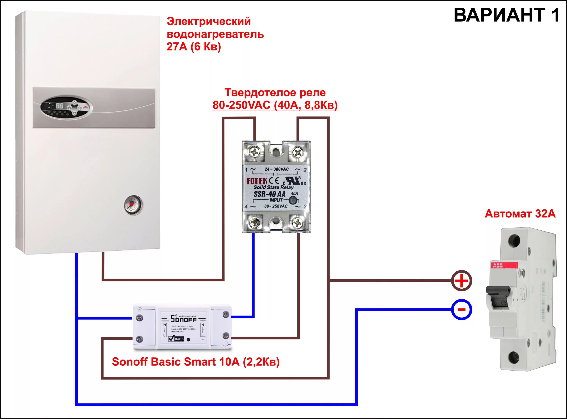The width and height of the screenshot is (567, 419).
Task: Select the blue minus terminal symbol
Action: click(x=462, y=309)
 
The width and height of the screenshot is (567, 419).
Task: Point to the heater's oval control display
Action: click(x=66, y=108)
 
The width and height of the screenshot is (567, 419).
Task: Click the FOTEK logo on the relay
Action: click(x=257, y=181)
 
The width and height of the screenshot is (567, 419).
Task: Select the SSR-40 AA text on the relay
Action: click(x=270, y=194)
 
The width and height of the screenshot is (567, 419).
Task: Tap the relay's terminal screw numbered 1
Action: click(x=255, y=152)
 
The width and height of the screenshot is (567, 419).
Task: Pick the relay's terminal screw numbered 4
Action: click(x=254, y=223)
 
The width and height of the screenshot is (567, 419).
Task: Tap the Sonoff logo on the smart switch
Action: click(x=183, y=319)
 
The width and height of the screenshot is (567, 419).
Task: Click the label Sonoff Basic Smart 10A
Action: click(x=195, y=362)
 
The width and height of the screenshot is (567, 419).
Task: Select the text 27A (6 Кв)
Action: click(x=194, y=47)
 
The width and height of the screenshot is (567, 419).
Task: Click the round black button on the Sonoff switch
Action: click(x=188, y=340)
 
